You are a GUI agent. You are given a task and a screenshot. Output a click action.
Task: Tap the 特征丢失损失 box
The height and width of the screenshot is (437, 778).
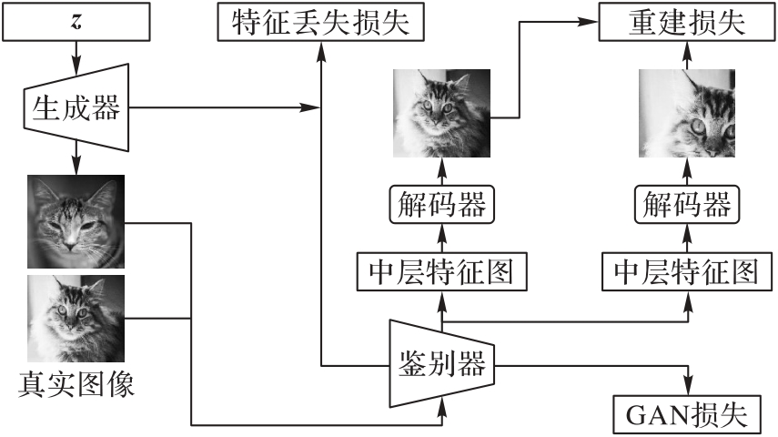[x=320, y=21]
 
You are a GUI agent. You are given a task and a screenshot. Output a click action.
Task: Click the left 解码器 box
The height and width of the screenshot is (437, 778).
[x=442, y=205]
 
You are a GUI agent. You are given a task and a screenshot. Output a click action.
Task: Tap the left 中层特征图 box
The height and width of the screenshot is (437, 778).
[x=442, y=270]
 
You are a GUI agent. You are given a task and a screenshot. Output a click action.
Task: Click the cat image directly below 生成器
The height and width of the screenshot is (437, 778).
[x=76, y=219]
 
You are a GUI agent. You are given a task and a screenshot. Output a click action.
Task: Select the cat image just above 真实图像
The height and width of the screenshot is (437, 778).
[x=76, y=319]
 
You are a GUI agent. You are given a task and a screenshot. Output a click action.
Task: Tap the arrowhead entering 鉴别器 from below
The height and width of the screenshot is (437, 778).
[x=442, y=415]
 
